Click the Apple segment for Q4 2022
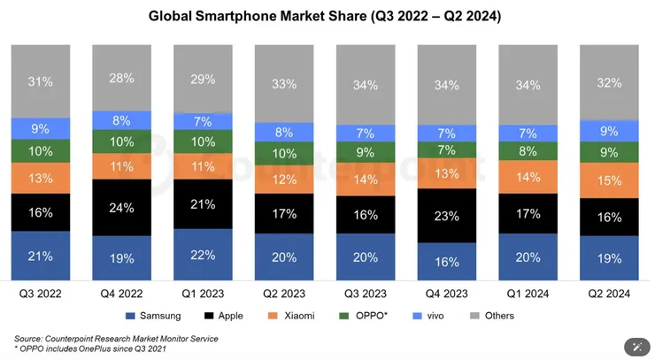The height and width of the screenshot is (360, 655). [121, 208]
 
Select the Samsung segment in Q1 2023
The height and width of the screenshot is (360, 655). [203, 255]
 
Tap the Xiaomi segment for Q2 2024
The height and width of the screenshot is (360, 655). [610, 180]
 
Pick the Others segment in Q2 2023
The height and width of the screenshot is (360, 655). [284, 84]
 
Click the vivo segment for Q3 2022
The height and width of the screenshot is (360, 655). [41, 128]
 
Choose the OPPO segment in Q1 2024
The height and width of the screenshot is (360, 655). [528, 150]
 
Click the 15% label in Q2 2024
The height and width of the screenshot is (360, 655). [610, 180]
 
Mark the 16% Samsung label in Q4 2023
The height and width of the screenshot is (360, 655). [447, 262]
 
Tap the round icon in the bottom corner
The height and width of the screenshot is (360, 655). [635, 346]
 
